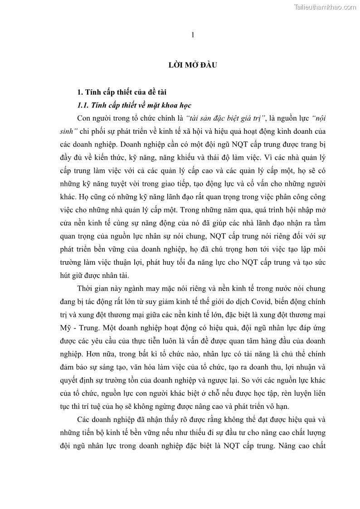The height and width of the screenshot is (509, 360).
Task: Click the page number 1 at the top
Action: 193,35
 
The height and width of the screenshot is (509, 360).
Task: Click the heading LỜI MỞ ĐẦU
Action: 192,65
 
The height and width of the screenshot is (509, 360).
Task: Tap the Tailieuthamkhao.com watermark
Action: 325,7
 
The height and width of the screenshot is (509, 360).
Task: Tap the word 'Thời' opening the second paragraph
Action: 86,289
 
